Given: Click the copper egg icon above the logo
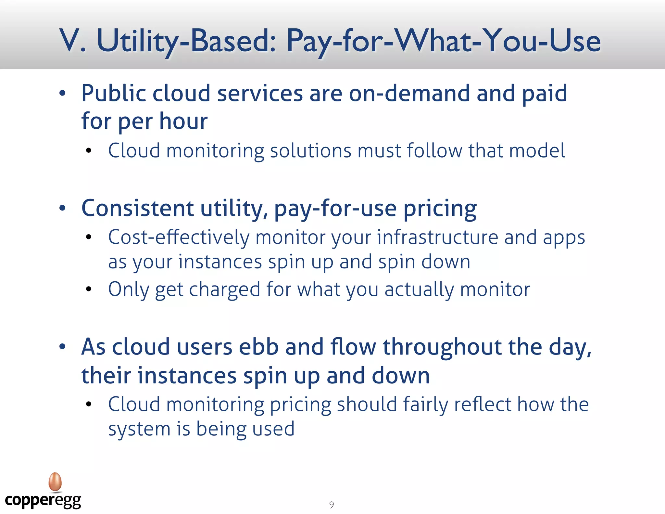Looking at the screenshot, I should [x=55, y=482].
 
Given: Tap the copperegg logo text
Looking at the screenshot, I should [x=43, y=501].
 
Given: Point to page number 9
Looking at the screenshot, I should [x=331, y=505].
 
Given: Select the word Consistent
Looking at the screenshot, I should [x=138, y=208].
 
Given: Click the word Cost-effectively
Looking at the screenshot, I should [x=179, y=237].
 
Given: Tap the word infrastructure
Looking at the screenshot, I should [x=437, y=237].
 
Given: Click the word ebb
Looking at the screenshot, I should [x=259, y=347].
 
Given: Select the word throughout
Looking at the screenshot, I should [x=442, y=347].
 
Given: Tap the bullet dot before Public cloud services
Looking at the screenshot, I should [x=62, y=94].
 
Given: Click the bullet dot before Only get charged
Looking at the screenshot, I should [x=89, y=289].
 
